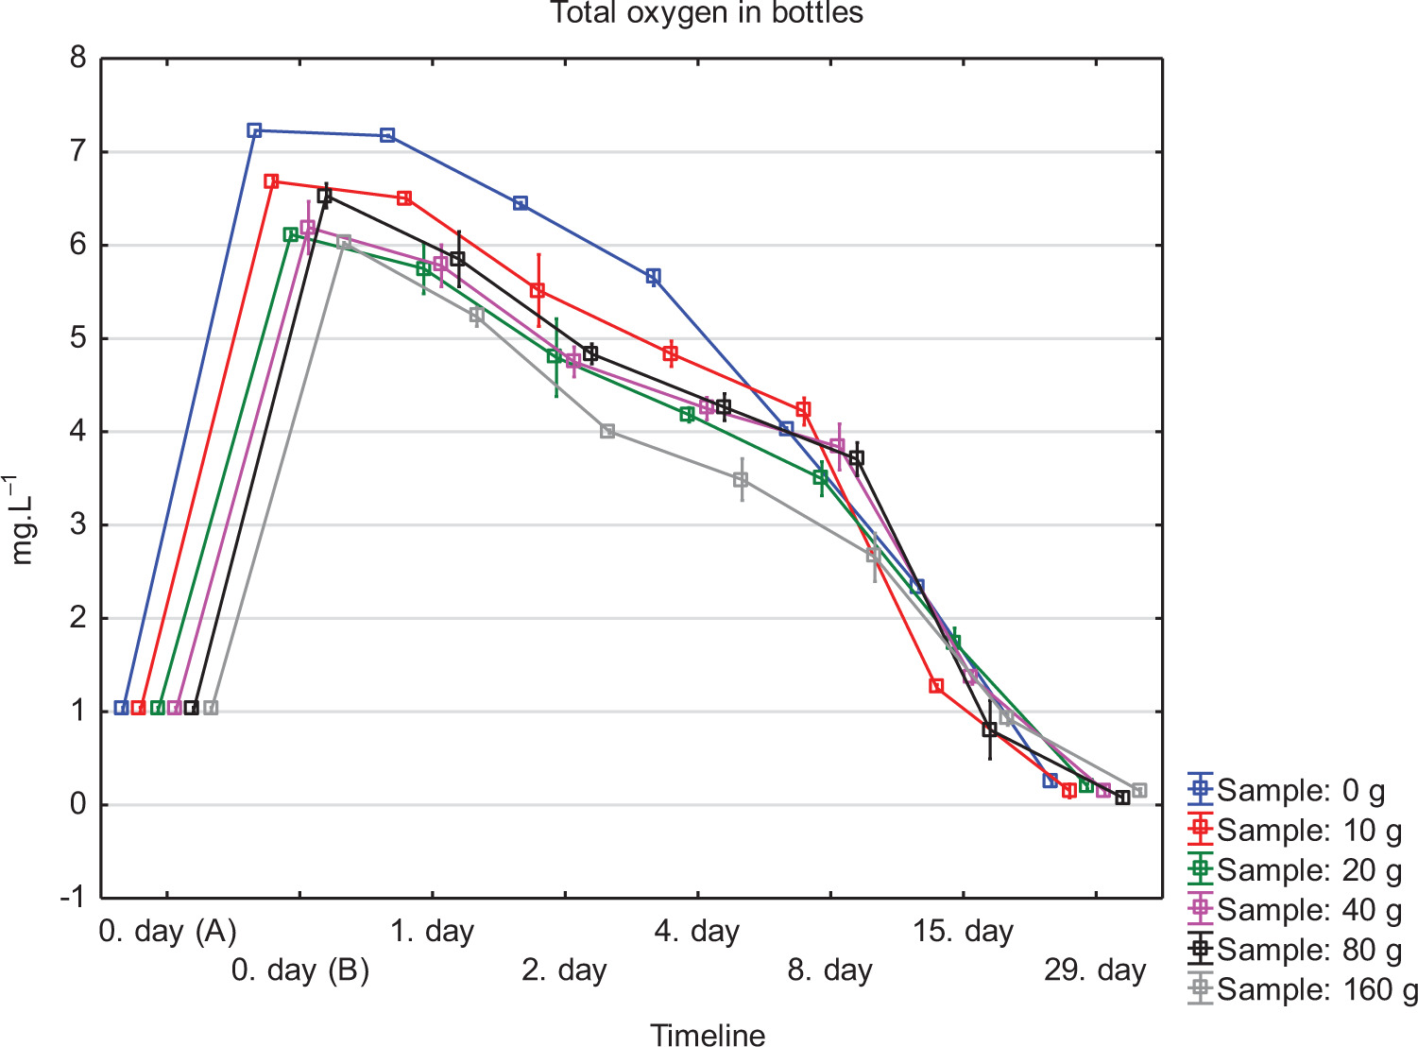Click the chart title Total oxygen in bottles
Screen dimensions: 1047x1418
coord(707,13)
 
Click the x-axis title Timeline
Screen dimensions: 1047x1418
coord(708,1035)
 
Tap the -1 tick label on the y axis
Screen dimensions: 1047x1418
coord(73,897)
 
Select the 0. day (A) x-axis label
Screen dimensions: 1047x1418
coord(167,932)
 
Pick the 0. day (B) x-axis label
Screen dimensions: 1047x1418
coord(300,970)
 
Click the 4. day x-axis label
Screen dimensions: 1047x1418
coord(697,932)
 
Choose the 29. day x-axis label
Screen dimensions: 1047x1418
coord(1095,970)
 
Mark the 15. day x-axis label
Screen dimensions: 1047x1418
coord(963,932)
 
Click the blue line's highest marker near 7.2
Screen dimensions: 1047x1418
coord(254,130)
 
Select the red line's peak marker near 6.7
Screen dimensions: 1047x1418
coord(271,181)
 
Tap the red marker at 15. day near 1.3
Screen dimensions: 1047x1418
coord(936,686)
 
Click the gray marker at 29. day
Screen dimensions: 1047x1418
coord(1139,790)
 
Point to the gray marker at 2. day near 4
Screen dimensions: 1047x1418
coord(607,431)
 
